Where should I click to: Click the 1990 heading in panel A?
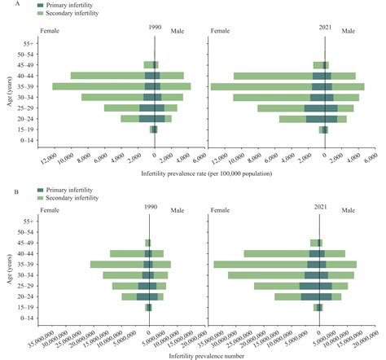coord(155,28)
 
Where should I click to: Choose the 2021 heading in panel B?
coord(323,207)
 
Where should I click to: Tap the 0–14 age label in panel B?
coord(27,318)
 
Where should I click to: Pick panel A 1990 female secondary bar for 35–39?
coord(98,86)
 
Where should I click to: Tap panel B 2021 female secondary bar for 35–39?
coord(260,265)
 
